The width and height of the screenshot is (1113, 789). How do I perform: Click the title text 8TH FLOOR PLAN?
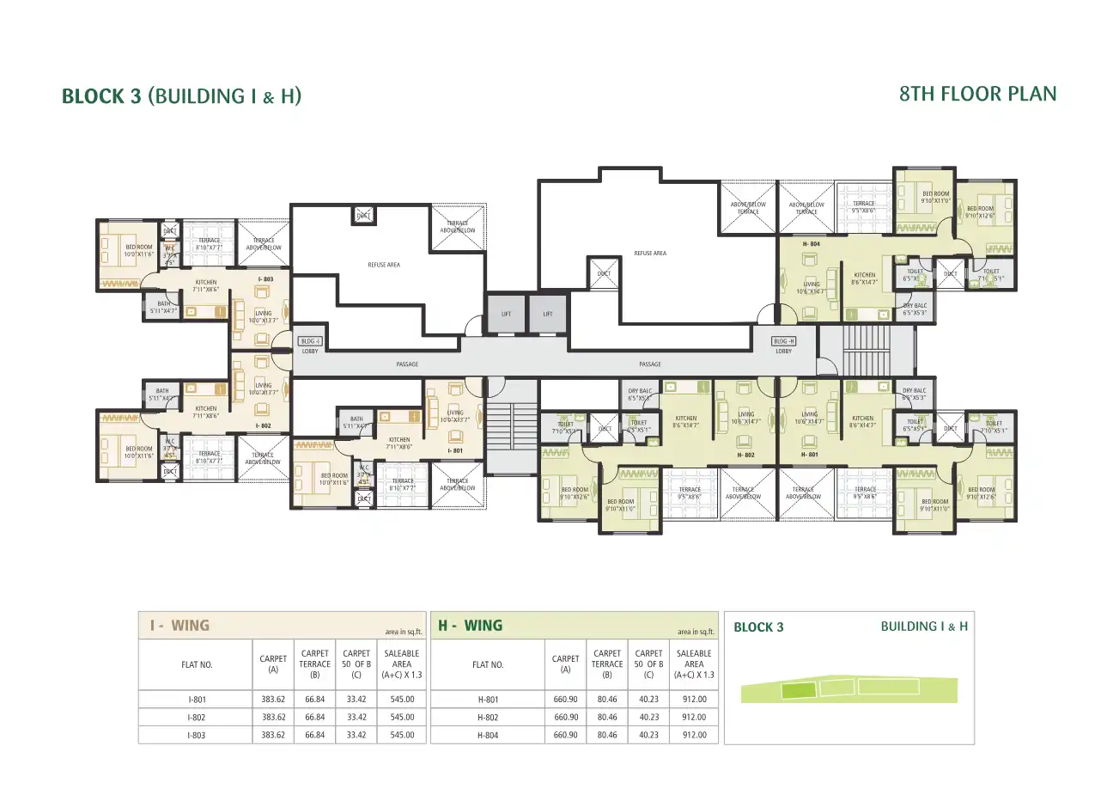[977, 94]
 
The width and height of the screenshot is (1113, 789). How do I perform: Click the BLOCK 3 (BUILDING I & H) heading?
[181, 96]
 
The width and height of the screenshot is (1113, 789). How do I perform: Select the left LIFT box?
[506, 314]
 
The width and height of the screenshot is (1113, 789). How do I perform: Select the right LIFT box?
[547, 314]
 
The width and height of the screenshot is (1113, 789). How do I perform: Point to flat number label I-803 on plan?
[265, 279]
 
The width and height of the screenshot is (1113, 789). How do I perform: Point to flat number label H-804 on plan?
[811, 244]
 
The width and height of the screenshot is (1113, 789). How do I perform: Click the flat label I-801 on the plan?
[455, 450]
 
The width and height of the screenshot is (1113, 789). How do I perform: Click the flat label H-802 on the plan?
[745, 455]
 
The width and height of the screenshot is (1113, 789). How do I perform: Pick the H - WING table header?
[471, 626]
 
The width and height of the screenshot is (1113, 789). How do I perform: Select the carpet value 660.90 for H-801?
[566, 700]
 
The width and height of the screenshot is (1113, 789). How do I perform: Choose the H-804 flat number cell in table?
[488, 735]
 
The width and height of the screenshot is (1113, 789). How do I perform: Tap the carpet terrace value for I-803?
[314, 735]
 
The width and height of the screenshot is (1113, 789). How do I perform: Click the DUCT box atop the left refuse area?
[363, 216]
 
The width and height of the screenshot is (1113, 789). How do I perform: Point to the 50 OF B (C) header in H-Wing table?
[648, 664]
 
